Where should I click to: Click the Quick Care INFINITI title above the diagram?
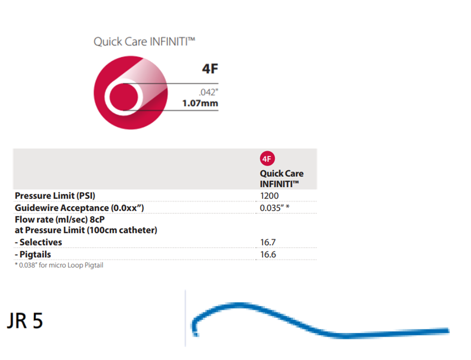(144, 42)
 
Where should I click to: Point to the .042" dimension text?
(208, 93)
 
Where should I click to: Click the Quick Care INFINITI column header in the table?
(281, 178)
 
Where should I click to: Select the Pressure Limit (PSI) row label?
(55, 195)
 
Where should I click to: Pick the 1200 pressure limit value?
(269, 195)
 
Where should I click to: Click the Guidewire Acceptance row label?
(79, 208)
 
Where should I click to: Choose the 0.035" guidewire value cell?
(274, 208)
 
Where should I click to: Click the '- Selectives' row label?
(38, 242)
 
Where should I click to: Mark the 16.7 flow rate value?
(268, 242)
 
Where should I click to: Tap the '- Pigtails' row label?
(33, 254)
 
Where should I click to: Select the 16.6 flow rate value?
(268, 254)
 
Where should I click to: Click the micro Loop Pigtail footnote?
(59, 266)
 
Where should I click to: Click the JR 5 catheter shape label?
(25, 321)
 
